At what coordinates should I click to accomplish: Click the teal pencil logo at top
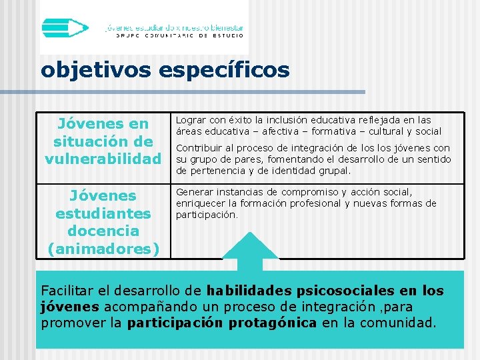click(65, 27)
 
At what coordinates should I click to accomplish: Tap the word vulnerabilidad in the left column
click(103, 159)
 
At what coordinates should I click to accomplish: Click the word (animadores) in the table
click(103, 249)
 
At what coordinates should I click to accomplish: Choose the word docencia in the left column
click(103, 231)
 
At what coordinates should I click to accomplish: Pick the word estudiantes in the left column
click(103, 213)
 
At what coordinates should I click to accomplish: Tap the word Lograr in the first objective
click(190, 121)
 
